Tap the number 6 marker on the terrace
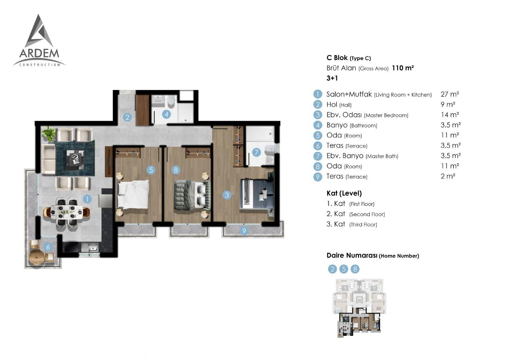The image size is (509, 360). [x=48, y=247]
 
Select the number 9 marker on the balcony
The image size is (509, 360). [x=244, y=231]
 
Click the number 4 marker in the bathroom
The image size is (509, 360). [x=167, y=114]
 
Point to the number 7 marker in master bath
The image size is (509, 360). [x=256, y=152]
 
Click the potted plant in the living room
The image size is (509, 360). [x=49, y=133]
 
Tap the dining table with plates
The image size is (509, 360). [x=67, y=212]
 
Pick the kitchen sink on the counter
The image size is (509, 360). [x=90, y=247]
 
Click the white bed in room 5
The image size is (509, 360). [x=133, y=194]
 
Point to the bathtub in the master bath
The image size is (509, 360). [x=260, y=134]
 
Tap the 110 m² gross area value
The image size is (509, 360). [x=403, y=68]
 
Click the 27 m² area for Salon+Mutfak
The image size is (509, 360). [x=450, y=94]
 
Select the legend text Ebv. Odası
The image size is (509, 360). [x=344, y=115]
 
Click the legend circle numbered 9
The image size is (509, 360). [x=318, y=176]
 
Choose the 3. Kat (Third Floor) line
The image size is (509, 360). [x=352, y=224]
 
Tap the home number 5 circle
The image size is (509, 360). [x=343, y=269]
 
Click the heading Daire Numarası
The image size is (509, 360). [x=352, y=255]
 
